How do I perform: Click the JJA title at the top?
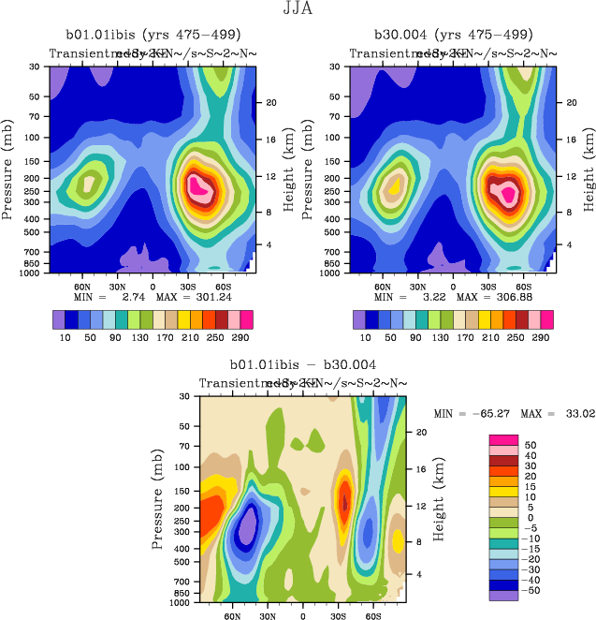tap(298, 10)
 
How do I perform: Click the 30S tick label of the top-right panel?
tap(480, 286)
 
